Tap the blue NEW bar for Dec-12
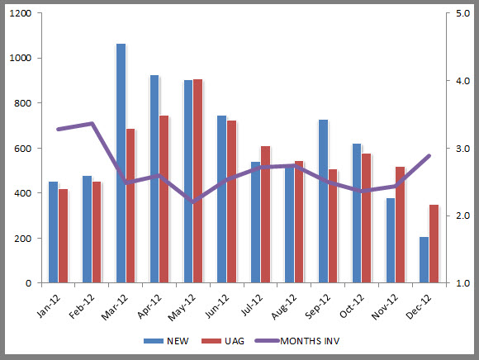(x=424, y=260)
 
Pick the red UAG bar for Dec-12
(x=434, y=244)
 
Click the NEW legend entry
(x=169, y=339)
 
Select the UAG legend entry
(x=230, y=339)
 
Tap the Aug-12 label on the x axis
(x=284, y=308)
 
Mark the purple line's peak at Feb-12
(x=92, y=124)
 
